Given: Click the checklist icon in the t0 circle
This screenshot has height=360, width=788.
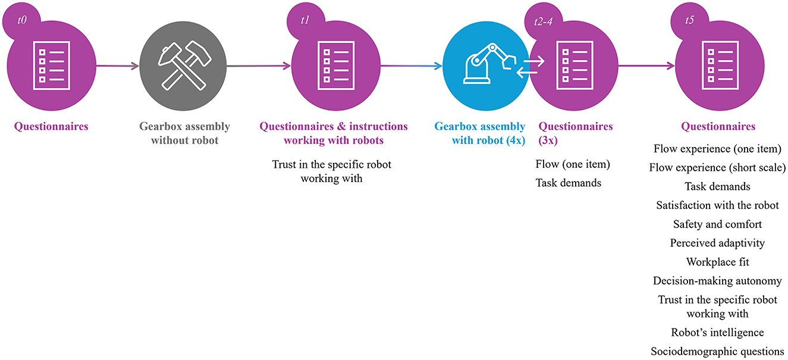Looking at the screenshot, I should [51, 65].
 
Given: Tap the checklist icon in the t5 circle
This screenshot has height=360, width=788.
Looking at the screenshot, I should [718, 65].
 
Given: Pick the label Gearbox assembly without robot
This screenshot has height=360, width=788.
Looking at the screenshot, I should [184, 132].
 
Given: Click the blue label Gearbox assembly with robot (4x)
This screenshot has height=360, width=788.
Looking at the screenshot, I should [480, 132].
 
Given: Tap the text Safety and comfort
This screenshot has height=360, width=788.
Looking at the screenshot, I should [717, 224].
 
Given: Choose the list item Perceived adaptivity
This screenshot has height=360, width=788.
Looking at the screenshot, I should [717, 243].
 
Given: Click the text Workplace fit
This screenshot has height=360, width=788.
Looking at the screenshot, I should [717, 262].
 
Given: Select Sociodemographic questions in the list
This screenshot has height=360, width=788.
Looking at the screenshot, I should [717, 351].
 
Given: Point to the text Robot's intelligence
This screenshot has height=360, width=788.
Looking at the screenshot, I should [717, 332].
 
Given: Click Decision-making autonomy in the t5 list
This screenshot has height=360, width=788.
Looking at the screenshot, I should [717, 281].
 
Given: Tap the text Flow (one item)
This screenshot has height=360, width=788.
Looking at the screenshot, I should [573, 164].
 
